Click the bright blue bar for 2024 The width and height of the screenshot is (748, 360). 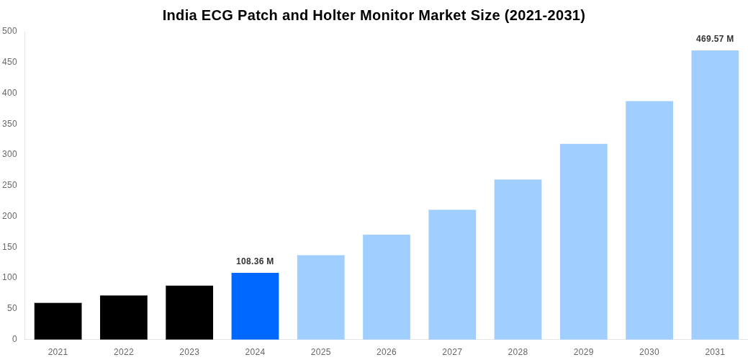tap(255, 306)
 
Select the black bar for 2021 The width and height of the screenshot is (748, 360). tap(58, 321)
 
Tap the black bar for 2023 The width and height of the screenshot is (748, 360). tap(189, 312)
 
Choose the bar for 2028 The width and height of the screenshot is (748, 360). tap(518, 259)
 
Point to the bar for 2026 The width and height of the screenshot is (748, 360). tap(387, 287)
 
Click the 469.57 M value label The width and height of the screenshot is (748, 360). tap(715, 39)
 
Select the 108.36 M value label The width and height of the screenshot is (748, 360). tap(255, 261)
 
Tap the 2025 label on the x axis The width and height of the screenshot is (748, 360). tap(320, 352)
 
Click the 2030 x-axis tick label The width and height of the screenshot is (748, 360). tap(649, 352)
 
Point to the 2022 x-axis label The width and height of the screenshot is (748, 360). tap(124, 352)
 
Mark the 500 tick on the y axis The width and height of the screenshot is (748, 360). tap(9, 31)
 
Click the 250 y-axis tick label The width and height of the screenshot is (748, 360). tap(9, 185)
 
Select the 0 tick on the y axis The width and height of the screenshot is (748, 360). tap(14, 339)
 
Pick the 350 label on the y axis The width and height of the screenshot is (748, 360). tap(9, 124)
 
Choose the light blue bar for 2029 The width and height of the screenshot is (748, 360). tap(583, 241)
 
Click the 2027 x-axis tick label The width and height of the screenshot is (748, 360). tap(452, 352)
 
